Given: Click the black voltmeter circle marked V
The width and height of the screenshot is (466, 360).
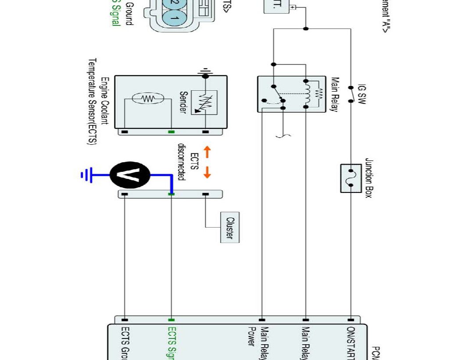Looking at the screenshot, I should (x=130, y=175).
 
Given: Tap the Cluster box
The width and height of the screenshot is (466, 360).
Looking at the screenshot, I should (x=230, y=228).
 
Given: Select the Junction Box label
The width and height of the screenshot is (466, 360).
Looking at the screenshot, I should (x=369, y=178).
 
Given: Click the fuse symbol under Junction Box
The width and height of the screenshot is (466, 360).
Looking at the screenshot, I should (x=351, y=178).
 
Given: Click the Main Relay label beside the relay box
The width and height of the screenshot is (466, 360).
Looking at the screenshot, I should (x=334, y=94).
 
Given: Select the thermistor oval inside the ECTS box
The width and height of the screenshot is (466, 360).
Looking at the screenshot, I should (x=147, y=99).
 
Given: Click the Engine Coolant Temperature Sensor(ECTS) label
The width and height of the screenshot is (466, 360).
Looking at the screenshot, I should (x=99, y=101).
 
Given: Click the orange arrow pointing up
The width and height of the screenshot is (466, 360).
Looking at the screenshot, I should (x=207, y=152).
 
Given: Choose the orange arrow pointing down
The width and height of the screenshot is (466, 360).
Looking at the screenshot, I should (x=207, y=172).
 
